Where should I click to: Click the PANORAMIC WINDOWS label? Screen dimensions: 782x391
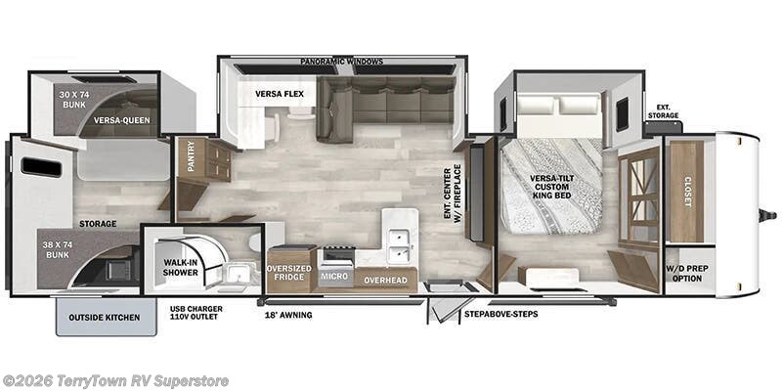pyautogui.click(x=341, y=62)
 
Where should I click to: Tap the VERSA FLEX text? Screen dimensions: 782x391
pyautogui.click(x=280, y=94)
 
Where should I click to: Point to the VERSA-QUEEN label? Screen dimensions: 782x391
pyautogui.click(x=121, y=120)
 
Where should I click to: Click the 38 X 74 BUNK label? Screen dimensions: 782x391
pyautogui.click(x=58, y=250)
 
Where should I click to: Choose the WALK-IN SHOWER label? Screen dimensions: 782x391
pyautogui.click(x=180, y=267)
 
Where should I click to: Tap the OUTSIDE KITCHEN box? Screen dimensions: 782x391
pyautogui.click(x=105, y=317)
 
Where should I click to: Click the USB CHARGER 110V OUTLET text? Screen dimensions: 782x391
pyautogui.click(x=196, y=313)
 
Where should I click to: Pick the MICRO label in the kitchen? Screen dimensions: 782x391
pyautogui.click(x=334, y=276)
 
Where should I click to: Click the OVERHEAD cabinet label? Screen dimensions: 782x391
pyautogui.click(x=385, y=281)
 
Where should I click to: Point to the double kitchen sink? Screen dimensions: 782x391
pyautogui.click(x=401, y=244)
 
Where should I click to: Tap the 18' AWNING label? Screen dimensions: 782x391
pyautogui.click(x=288, y=315)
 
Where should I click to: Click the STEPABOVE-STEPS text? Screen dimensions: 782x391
pyautogui.click(x=500, y=314)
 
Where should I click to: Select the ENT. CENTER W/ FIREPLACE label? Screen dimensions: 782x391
pyautogui.click(x=452, y=195)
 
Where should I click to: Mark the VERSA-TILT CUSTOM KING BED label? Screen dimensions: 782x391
pyautogui.click(x=550, y=187)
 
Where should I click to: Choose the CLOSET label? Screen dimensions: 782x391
pyautogui.click(x=688, y=192)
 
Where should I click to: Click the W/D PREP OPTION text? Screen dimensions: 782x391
pyautogui.click(x=687, y=273)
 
